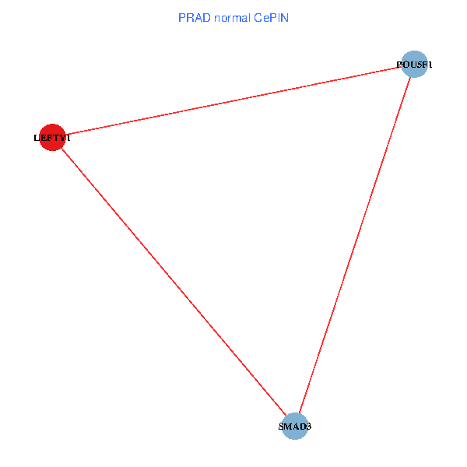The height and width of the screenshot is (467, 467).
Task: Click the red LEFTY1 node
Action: pyautogui.click(x=51, y=137)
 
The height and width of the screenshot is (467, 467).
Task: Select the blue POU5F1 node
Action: pyautogui.click(x=414, y=64)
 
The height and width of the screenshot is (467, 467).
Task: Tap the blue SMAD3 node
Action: pyautogui.click(x=294, y=426)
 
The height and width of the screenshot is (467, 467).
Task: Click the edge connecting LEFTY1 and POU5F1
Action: pyautogui.click(x=233, y=100)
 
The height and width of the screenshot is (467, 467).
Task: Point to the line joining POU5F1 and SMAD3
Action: pyautogui.click(x=354, y=245)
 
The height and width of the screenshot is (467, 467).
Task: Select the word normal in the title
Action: pyautogui.click(x=232, y=18)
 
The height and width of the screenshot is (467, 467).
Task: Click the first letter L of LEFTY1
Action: pyautogui.click(x=37, y=138)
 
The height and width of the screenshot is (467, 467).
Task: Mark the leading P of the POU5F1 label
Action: pyautogui.click(x=399, y=65)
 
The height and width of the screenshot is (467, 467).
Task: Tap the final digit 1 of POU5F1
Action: pyautogui.click(x=429, y=65)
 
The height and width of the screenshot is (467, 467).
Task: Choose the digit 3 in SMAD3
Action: pyautogui.click(x=309, y=427)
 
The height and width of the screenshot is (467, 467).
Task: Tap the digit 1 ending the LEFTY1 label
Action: pyautogui.click(x=68, y=138)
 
